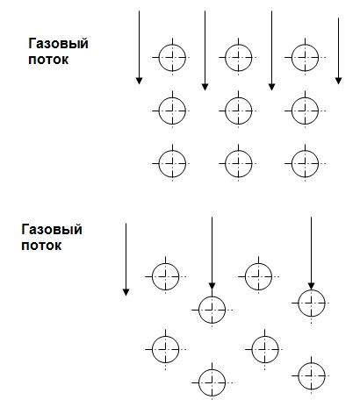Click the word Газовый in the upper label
(x=58, y=44)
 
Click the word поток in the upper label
(x=48, y=60)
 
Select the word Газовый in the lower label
(x=52, y=230)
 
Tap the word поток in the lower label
(x=41, y=246)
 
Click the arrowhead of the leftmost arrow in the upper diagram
(x=140, y=81)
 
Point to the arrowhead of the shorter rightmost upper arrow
(x=339, y=81)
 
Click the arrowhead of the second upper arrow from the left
(x=205, y=87)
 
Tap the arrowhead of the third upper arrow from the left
(x=272, y=87)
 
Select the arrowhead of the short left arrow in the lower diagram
(x=126, y=292)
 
